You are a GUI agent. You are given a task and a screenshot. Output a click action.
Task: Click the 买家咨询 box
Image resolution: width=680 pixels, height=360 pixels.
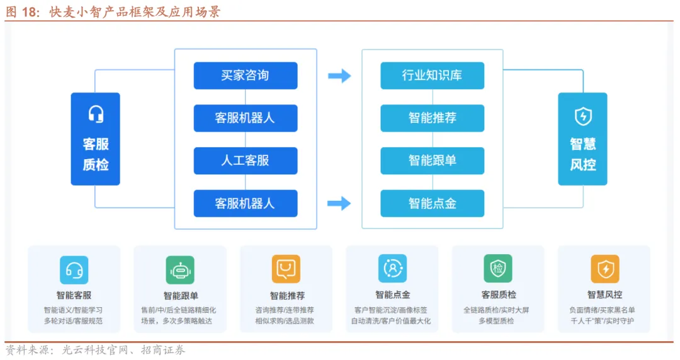click(245, 76)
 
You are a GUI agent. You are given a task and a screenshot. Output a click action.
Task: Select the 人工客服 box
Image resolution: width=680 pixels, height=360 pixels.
click(245, 160)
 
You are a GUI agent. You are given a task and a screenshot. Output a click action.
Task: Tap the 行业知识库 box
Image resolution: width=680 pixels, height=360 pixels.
click(432, 76)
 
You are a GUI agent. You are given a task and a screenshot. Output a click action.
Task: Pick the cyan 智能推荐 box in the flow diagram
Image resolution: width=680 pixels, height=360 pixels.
click(432, 118)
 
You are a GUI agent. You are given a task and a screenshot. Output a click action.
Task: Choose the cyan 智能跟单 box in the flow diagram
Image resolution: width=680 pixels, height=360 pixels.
click(432, 160)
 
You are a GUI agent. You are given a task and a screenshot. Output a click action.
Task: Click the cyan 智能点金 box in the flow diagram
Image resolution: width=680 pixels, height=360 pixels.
click(432, 203)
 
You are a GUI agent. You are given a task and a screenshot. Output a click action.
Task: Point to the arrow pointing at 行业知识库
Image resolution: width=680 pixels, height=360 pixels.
click(339, 76)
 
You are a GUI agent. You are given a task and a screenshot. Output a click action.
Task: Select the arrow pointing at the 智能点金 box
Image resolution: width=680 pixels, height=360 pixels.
click(339, 203)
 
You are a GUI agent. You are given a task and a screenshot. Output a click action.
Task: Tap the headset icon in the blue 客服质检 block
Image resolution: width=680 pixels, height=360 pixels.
click(96, 115)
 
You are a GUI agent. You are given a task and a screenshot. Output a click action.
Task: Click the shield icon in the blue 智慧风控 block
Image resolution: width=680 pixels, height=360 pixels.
click(583, 116)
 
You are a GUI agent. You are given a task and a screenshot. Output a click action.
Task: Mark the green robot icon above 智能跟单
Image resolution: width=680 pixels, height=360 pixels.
click(180, 269)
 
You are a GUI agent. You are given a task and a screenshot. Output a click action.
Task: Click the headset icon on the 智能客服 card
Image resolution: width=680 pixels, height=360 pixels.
click(74, 269)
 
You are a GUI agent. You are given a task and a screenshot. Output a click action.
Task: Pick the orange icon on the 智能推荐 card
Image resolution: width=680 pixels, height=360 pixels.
click(286, 269)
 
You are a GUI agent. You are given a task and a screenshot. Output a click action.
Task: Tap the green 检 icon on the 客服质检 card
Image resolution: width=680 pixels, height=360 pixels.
click(498, 269)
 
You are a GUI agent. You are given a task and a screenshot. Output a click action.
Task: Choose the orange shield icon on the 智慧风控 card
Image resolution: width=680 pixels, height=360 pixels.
click(604, 269)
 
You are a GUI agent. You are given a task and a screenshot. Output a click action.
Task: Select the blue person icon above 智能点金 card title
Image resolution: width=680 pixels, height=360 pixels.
click(392, 269)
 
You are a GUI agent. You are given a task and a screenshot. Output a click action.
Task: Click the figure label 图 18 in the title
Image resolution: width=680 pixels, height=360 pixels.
click(23, 12)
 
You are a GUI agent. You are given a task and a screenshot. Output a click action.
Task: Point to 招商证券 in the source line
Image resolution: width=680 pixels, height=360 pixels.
click(163, 350)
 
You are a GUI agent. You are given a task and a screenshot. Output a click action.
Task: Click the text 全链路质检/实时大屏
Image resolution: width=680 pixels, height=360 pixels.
click(497, 310)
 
